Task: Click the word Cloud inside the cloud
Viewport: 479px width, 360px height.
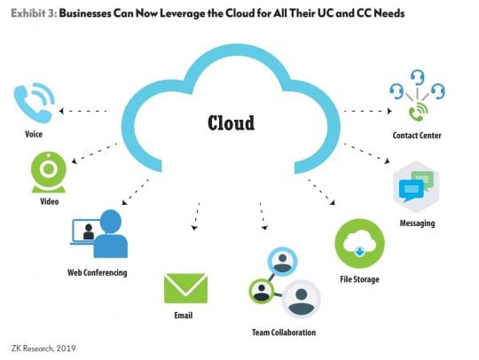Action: [231, 123]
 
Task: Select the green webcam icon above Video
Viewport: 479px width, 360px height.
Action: [49, 173]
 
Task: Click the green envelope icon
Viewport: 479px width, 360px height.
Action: [185, 288]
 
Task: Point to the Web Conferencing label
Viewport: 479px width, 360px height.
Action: [98, 272]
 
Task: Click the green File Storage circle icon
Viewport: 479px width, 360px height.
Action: [359, 243]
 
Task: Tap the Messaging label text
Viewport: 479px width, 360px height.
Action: [417, 223]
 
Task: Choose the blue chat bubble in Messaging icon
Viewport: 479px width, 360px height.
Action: [412, 190]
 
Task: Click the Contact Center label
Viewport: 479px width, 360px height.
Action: [417, 136]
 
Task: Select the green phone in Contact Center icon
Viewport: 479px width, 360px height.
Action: [418, 112]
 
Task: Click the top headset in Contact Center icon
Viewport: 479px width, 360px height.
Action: [417, 77]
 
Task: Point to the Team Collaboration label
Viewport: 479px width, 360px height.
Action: [284, 333]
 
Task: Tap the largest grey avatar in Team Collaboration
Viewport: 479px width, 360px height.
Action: [302, 299]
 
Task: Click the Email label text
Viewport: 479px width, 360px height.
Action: [184, 315]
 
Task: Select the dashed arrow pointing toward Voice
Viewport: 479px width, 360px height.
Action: [82, 111]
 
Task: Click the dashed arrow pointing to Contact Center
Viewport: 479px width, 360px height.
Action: [367, 111]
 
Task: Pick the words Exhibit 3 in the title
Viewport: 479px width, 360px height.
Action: [34, 13]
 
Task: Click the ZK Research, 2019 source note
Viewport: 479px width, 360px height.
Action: [43, 348]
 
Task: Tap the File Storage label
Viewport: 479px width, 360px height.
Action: [359, 279]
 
